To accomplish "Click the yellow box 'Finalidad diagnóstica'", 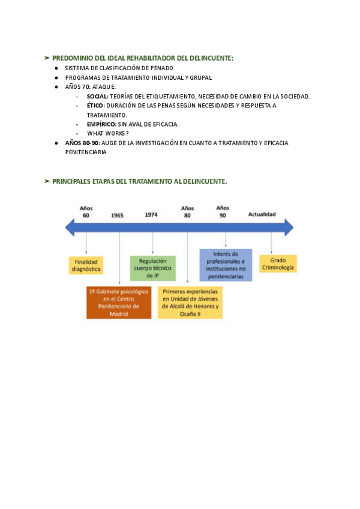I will click(x=86, y=265).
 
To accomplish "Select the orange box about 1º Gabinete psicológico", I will click(x=119, y=302).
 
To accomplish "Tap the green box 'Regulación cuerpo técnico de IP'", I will click(x=152, y=268).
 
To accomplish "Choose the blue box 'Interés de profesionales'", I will click(x=226, y=265).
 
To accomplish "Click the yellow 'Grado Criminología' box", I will click(x=278, y=264).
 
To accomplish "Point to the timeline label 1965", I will click(x=117, y=215).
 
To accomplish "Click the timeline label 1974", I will click(x=152, y=214).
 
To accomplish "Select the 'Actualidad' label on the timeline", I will click(x=262, y=214).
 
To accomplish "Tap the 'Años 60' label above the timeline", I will click(x=86, y=211).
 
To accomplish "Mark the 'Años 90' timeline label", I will click(x=223, y=211).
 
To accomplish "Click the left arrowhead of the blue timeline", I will click(x=70, y=227).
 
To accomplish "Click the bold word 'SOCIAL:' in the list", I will click(x=97, y=97).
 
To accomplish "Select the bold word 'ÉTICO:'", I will click(x=95, y=106).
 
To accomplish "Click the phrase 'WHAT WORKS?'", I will click(x=108, y=133).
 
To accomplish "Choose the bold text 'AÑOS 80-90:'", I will click(x=82, y=143).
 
